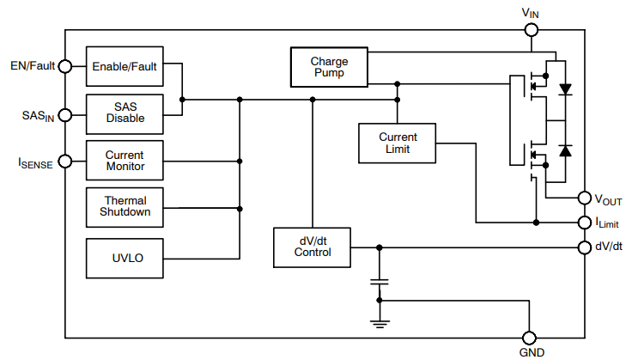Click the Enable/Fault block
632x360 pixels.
pos(125,66)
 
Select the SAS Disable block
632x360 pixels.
pos(125,113)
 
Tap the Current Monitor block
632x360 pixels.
pos(125,160)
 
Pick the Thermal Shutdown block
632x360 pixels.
pos(125,206)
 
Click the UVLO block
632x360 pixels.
pos(125,258)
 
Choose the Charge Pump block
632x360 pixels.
pos(329,67)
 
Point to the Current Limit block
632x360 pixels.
pos(398,143)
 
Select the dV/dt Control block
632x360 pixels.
pos(312,247)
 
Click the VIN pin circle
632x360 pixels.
pos(531,30)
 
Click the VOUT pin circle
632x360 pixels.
pos(584,198)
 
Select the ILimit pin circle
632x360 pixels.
pos(584,223)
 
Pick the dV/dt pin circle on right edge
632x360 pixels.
pos(584,247)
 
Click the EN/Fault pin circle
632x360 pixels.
pos(65,66)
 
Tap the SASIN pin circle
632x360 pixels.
pos(65,113)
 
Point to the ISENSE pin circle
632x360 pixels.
pos(65,160)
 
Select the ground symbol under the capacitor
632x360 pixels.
pos(378,322)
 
